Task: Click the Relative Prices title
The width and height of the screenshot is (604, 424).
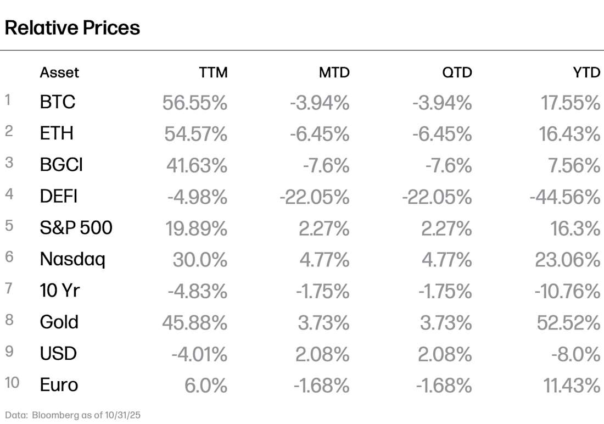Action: click(x=72, y=27)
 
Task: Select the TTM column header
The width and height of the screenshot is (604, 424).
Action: click(x=213, y=72)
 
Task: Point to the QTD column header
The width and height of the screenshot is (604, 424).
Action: click(x=457, y=72)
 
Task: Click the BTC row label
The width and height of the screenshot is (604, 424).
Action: click(x=58, y=102)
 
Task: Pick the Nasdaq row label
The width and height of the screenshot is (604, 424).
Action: click(x=72, y=259)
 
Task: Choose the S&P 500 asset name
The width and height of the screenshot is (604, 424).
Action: click(x=76, y=227)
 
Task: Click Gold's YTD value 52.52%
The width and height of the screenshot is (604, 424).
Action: click(x=568, y=322)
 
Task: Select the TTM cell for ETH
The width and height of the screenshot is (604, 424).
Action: click(x=195, y=133)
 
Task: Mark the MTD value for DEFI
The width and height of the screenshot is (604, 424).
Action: click(x=315, y=196)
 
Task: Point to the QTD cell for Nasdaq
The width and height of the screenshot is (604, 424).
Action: click(x=446, y=259)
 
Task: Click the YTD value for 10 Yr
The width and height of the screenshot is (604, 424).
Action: click(x=567, y=291)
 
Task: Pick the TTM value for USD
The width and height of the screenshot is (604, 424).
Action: click(x=199, y=354)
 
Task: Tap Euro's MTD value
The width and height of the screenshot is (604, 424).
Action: click(x=321, y=386)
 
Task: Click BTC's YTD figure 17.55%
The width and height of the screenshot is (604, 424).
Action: click(x=570, y=102)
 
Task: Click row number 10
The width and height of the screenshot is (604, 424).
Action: click(x=12, y=383)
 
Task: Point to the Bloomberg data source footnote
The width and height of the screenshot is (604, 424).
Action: click(x=73, y=415)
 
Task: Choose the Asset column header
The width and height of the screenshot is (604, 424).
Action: click(x=59, y=72)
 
